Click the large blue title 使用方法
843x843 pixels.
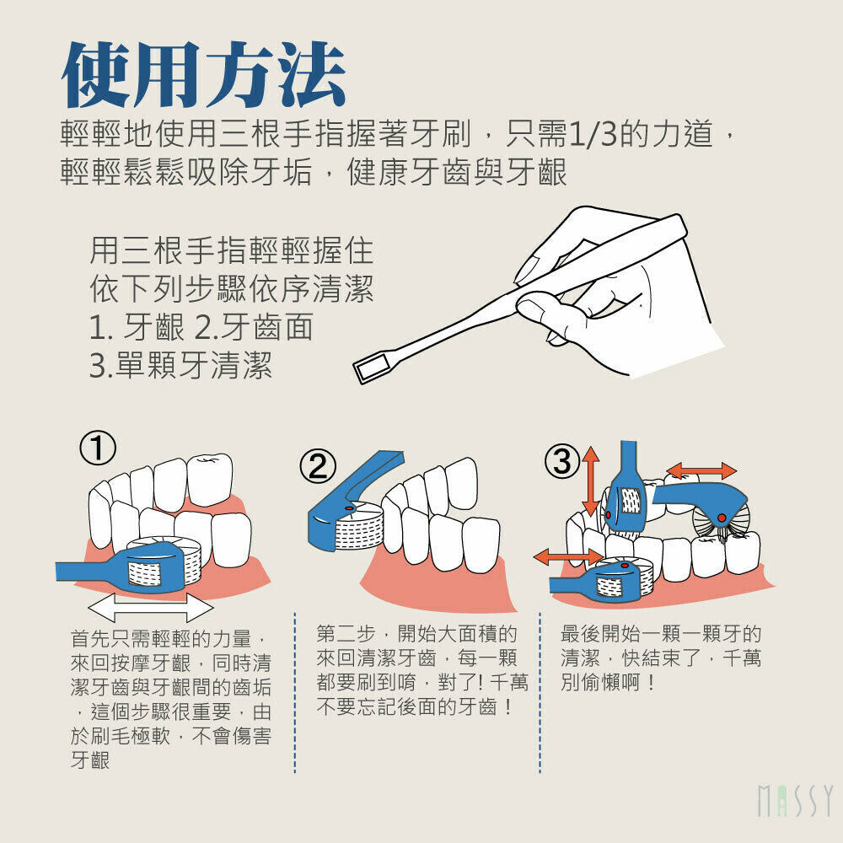(203, 74)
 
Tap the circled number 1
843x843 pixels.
(98, 448)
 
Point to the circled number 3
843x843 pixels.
(563, 461)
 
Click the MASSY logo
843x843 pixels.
(795, 801)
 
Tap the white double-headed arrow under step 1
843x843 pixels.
(150, 608)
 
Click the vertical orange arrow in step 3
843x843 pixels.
(590, 481)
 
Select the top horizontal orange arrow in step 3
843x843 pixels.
(701, 470)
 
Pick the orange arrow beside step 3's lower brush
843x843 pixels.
(568, 557)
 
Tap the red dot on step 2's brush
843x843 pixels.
(348, 507)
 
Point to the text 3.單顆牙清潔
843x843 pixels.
(180, 366)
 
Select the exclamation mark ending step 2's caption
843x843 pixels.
(508, 706)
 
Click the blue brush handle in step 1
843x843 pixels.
(89, 571)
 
